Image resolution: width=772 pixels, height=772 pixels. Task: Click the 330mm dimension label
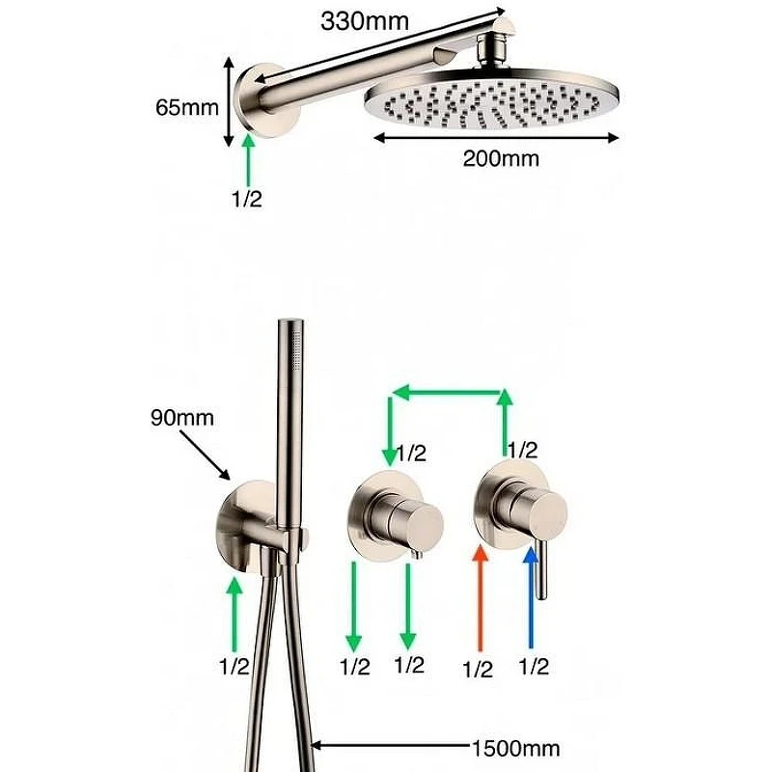[x=365, y=21]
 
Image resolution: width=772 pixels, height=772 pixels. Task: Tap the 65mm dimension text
[x=187, y=107]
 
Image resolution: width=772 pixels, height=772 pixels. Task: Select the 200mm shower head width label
[x=501, y=158]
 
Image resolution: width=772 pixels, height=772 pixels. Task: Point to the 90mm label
[x=182, y=418]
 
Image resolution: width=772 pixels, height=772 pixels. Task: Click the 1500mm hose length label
[x=516, y=749]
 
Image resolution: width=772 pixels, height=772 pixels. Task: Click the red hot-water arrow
[x=480, y=598]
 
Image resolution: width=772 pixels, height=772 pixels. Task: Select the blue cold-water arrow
[x=531, y=597]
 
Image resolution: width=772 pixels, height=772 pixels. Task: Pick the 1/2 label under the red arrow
[x=478, y=670]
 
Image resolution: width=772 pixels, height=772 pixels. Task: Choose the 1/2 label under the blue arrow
[x=534, y=667]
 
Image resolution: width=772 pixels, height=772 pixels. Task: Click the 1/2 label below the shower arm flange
[x=247, y=199]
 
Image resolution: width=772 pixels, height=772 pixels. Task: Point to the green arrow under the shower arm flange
[x=249, y=159]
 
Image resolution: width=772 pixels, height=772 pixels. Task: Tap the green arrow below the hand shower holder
[x=235, y=614]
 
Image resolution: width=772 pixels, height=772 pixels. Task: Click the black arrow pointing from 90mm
[x=205, y=455]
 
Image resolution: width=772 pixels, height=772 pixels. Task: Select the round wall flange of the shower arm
[x=266, y=100]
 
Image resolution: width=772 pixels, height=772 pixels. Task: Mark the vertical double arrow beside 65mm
[x=228, y=101]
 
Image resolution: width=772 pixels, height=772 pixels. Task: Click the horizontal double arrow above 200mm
[x=496, y=138]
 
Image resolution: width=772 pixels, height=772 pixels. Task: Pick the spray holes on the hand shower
[x=297, y=350]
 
